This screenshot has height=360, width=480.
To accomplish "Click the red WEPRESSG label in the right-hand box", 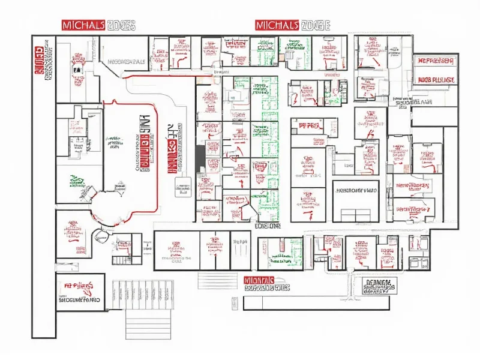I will click(x=436, y=61).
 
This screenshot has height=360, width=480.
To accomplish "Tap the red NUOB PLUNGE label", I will click(x=436, y=79).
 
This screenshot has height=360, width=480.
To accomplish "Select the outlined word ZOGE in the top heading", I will click(x=316, y=25).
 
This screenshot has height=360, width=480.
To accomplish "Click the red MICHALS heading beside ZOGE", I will click(x=277, y=25).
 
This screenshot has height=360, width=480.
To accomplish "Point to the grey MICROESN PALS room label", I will click(x=126, y=61).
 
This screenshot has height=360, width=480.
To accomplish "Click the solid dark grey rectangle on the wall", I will click(x=200, y=158).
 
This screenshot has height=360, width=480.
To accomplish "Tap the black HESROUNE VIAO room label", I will click(x=355, y=191).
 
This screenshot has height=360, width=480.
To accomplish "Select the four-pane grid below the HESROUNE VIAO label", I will click(x=355, y=214).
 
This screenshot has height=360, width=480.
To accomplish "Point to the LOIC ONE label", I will click(x=268, y=227).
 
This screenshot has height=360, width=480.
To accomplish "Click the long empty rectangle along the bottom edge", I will click(x=316, y=303).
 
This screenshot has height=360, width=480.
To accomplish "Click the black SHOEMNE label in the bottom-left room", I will click(x=79, y=299).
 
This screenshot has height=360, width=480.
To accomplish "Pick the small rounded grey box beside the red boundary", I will click(x=183, y=187).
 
